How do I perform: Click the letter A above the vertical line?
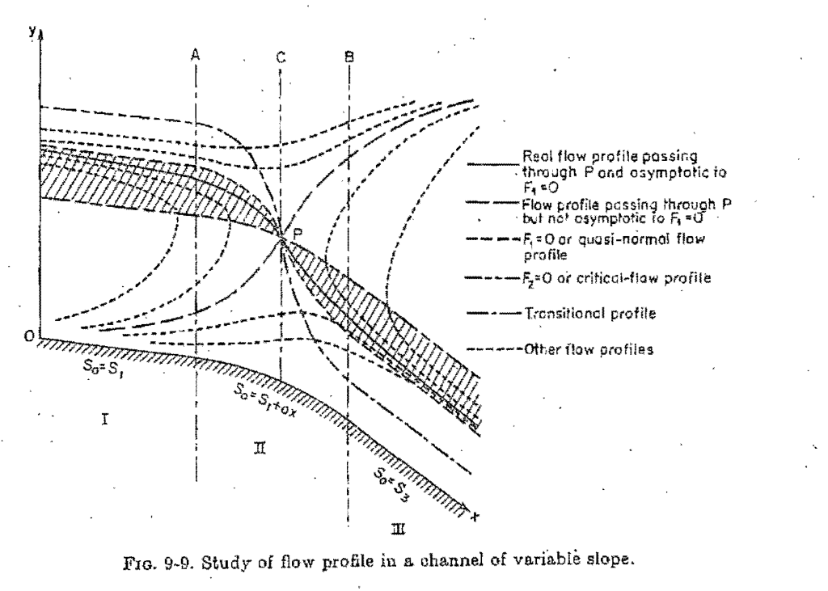click(x=196, y=54)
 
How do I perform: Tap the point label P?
click(x=298, y=233)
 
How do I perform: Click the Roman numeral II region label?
click(x=260, y=446)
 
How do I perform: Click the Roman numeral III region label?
click(x=399, y=530)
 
